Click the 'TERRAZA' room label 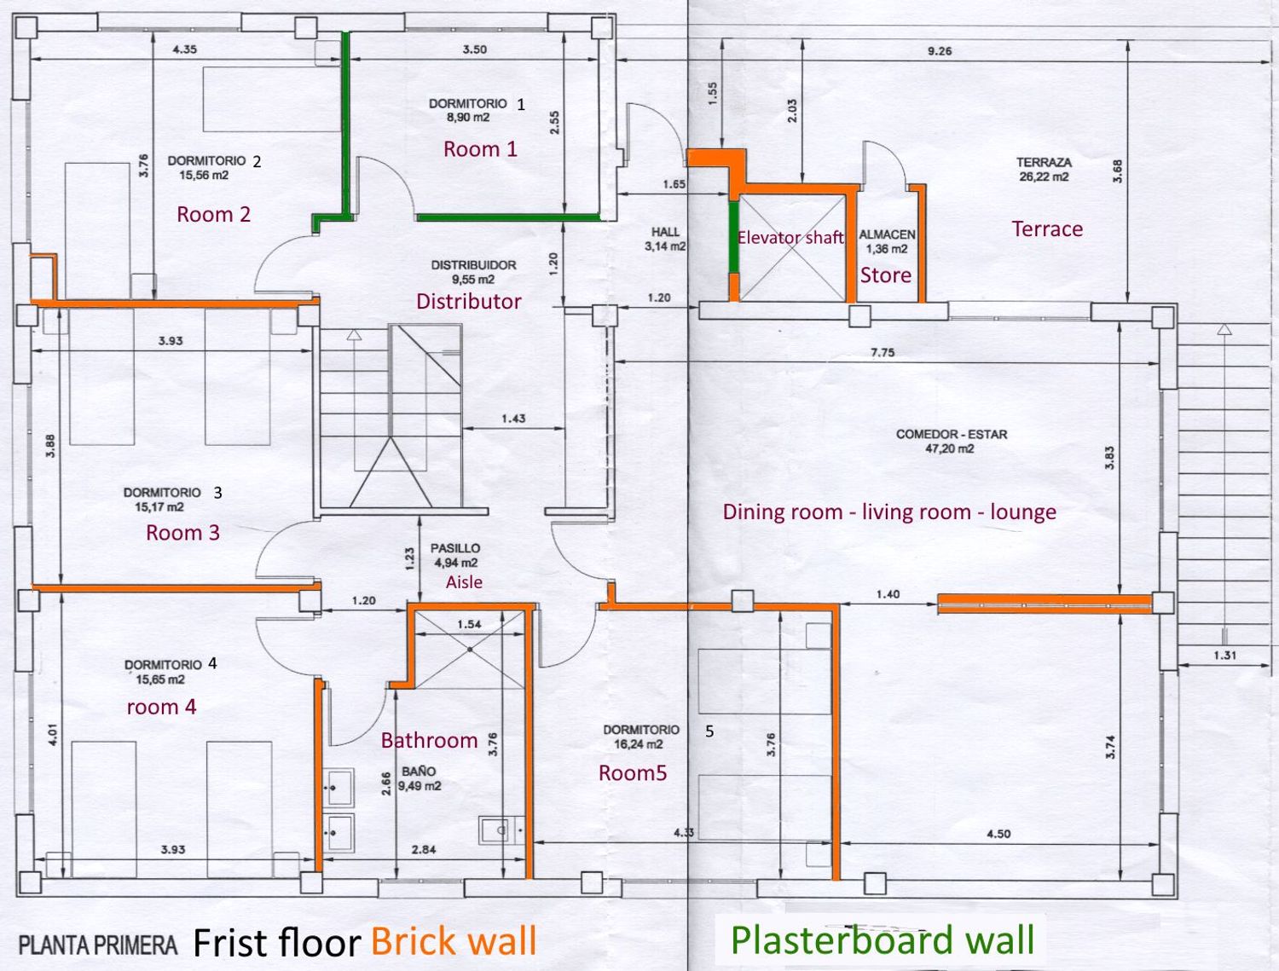click(1045, 162)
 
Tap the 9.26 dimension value click(940, 51)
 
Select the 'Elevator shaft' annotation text click(790, 238)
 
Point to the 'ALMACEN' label click(887, 234)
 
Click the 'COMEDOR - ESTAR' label click(952, 434)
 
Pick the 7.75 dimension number click(883, 352)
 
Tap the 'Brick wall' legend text click(454, 940)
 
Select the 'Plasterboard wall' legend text click(883, 939)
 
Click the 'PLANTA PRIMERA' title click(98, 945)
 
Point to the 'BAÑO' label click(419, 772)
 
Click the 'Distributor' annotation click(468, 301)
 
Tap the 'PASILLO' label click(455, 548)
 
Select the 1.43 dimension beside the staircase click(513, 419)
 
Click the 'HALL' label click(665, 232)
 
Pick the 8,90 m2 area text click(468, 117)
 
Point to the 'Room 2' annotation click(214, 214)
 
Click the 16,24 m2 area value click(638, 744)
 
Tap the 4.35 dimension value click(185, 49)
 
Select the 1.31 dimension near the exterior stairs click(1224, 656)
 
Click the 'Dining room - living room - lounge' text click(889, 512)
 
